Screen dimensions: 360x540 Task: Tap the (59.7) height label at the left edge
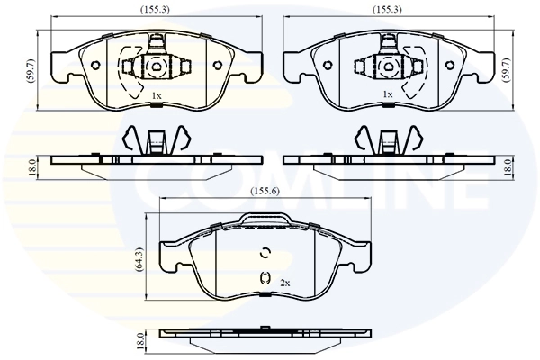31,69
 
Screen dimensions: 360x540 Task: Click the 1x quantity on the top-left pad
156,94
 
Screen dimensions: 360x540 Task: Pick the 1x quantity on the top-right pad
388,94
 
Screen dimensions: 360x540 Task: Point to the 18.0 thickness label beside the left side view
31,166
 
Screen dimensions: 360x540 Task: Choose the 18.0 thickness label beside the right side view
508,166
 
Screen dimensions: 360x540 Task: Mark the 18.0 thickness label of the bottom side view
139,342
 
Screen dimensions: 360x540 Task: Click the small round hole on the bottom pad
265,252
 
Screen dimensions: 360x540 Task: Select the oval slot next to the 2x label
265,279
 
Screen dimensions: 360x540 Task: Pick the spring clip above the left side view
156,139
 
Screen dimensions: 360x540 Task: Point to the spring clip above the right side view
388,139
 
